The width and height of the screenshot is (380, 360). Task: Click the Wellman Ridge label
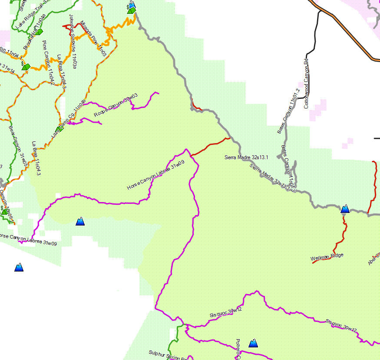click(x=327, y=257)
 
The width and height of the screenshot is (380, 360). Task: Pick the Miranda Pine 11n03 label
click(x=93, y=39)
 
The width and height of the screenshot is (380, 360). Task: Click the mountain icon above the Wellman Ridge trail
click(x=345, y=209)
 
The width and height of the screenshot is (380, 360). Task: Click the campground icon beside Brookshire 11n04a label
click(x=40, y=31)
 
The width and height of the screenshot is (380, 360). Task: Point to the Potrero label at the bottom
click(x=238, y=350)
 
